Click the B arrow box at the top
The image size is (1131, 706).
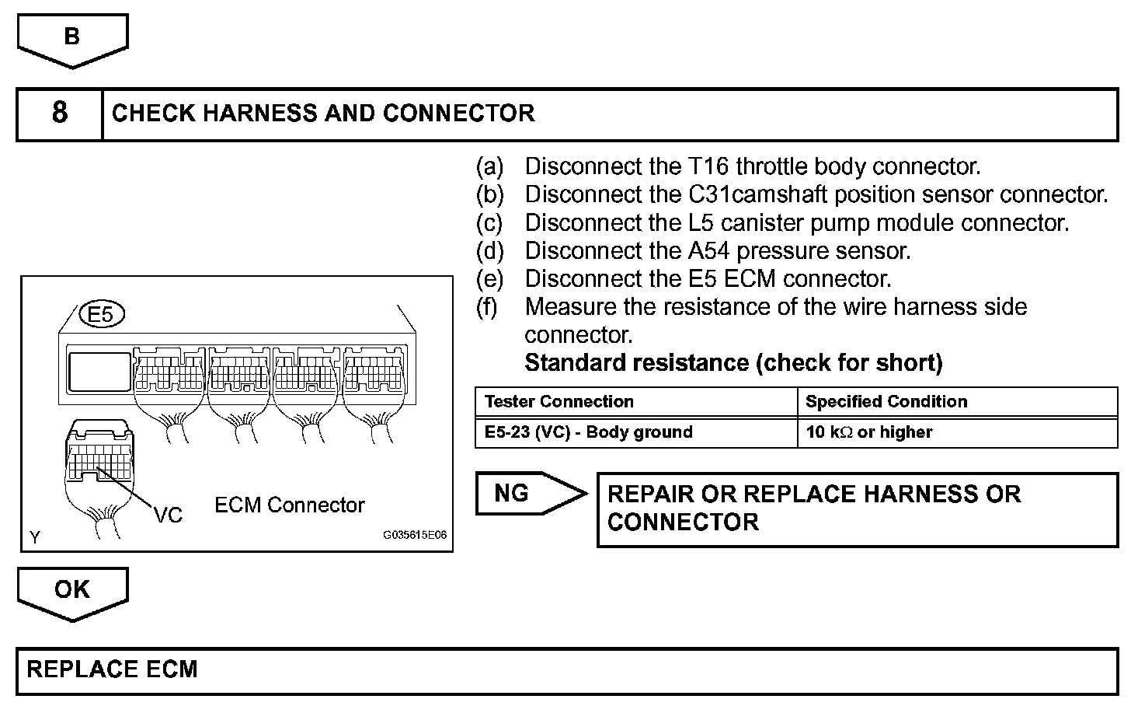pyautogui.click(x=72, y=39)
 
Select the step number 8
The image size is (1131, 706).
pyautogui.click(x=60, y=114)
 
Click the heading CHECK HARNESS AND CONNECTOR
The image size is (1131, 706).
pyautogui.click(x=323, y=114)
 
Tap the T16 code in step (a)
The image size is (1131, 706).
pyautogui.click(x=708, y=166)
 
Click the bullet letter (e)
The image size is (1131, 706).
pyautogui.click(x=489, y=279)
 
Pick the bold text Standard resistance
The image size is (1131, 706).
pyautogui.click(x=637, y=363)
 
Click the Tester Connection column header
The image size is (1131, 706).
pyautogui.click(x=559, y=402)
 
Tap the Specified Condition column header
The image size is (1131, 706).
pyautogui.click(x=886, y=402)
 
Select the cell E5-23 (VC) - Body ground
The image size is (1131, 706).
pyautogui.click(x=588, y=432)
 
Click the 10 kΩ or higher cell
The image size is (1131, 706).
pyautogui.click(x=868, y=432)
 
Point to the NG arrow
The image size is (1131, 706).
pyautogui.click(x=528, y=493)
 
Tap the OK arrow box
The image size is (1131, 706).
pyautogui.click(x=72, y=591)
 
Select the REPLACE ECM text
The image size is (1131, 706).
pyautogui.click(x=113, y=670)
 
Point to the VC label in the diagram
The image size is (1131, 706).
pyautogui.click(x=168, y=515)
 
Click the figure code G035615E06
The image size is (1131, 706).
pyautogui.click(x=414, y=536)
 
